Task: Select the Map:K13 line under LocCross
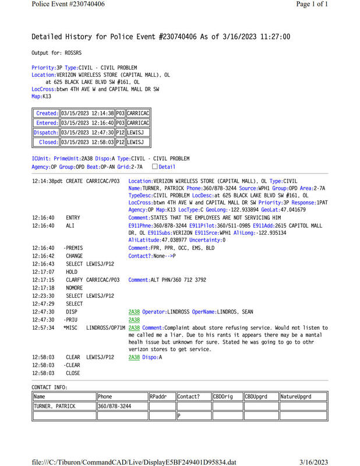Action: point(41,96)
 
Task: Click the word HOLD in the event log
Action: point(72,271)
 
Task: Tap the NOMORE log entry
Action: point(75,288)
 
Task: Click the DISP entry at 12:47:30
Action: point(72,312)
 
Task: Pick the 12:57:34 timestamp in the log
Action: point(43,327)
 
